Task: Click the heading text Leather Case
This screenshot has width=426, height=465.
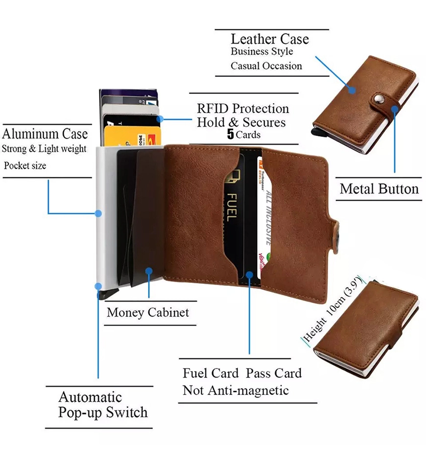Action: (270, 39)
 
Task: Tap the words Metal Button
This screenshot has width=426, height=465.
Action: (379, 189)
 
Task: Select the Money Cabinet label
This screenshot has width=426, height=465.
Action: (147, 312)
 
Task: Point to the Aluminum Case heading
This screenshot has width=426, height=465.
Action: (45, 134)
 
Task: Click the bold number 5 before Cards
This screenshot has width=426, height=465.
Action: (230, 135)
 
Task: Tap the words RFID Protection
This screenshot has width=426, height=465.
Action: (243, 108)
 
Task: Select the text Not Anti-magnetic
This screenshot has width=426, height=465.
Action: (236, 390)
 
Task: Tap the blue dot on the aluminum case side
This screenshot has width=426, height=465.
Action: (98, 213)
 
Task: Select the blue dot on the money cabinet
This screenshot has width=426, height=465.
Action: (149, 270)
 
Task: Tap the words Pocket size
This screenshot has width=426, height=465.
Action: (25, 165)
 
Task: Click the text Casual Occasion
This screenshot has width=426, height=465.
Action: (266, 66)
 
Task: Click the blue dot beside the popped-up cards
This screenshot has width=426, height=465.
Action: (160, 118)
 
